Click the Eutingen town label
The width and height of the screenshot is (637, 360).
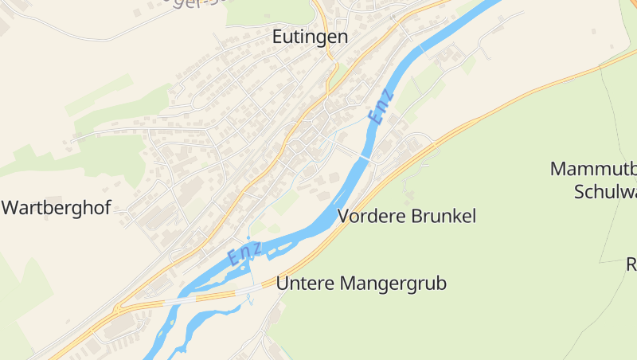(310, 37)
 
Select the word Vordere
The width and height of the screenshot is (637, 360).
(370, 216)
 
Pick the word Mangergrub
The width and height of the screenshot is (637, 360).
(393, 284)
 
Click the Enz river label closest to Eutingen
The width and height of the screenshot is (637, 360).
(381, 109)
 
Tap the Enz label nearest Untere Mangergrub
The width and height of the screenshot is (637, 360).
(244, 254)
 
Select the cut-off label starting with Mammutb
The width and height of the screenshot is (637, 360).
(593, 169)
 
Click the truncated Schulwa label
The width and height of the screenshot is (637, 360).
(605, 191)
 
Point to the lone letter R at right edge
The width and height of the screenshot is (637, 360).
(631, 264)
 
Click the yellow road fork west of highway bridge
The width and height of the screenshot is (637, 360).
(119, 307)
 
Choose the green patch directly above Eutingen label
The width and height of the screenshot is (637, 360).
(271, 10)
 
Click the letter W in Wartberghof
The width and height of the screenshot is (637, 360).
(10, 209)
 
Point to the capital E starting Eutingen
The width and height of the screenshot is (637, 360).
(278, 37)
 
